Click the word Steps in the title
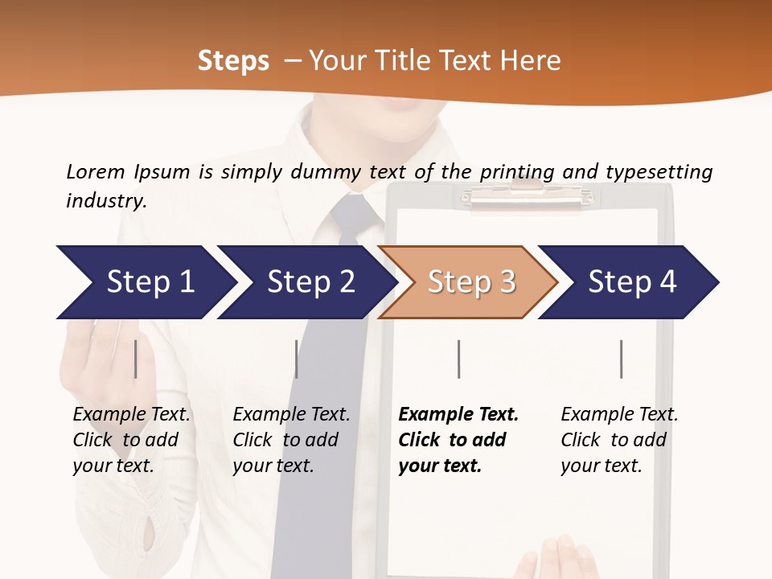click(x=233, y=61)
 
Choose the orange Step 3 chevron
click(x=470, y=282)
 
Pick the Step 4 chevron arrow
click(x=631, y=282)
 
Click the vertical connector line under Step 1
click(x=136, y=359)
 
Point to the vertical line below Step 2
click(x=297, y=359)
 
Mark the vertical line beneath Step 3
click(x=458, y=359)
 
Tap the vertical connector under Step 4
click(x=621, y=359)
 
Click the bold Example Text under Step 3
click(x=458, y=440)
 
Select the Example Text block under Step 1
click(x=131, y=440)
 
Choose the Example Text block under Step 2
click(x=291, y=440)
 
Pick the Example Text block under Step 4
click(x=619, y=440)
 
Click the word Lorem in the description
click(x=96, y=172)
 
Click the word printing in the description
click(x=517, y=172)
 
